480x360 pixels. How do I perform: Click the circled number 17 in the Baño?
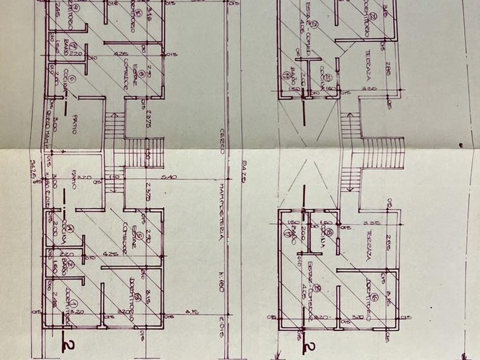pyautogui.click(x=285, y=233)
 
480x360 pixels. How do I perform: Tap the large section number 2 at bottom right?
pyautogui.click(x=309, y=346)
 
